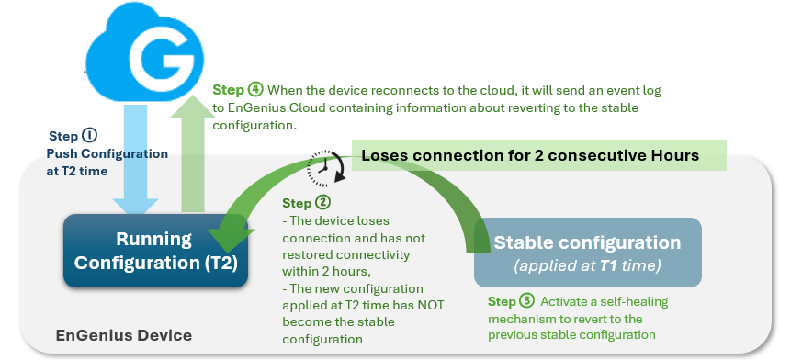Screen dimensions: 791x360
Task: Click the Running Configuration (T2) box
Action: [x=155, y=251]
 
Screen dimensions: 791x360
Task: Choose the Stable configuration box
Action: [x=588, y=253]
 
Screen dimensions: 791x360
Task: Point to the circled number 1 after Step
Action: [x=89, y=136]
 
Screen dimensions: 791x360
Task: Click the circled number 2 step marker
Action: [x=322, y=203]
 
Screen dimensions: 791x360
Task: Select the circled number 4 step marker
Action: [x=255, y=90]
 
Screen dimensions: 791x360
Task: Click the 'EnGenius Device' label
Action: [x=124, y=335]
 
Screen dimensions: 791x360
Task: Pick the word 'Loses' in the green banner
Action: [x=384, y=155]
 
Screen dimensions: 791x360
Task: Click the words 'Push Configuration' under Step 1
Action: [x=107, y=153]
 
